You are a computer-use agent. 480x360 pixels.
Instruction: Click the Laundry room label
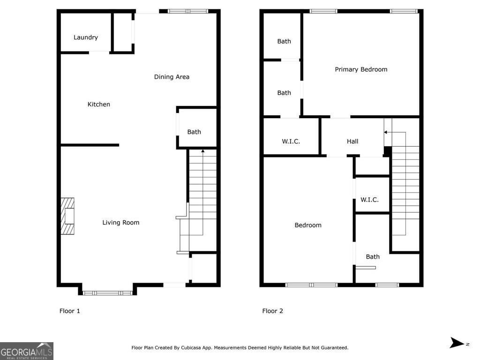[x=86, y=37]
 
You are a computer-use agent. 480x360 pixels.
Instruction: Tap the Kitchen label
[x=99, y=105]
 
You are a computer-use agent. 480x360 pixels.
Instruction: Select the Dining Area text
[x=172, y=77]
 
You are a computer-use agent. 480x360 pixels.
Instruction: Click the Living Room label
[x=121, y=223]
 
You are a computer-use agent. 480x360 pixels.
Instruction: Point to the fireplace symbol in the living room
[x=67, y=216]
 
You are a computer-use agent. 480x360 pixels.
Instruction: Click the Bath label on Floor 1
[x=194, y=132]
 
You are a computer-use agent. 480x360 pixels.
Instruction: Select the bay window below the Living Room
[x=108, y=292]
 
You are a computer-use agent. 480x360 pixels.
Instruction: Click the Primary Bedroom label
[x=361, y=69]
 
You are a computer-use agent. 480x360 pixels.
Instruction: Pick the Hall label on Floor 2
[x=352, y=142]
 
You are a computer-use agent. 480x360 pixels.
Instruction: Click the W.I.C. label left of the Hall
[x=291, y=142]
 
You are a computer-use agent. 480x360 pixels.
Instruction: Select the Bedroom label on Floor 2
[x=308, y=225]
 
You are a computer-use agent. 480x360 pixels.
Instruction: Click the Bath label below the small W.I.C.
[x=373, y=257]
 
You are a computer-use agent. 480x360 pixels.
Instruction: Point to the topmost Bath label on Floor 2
[x=284, y=41]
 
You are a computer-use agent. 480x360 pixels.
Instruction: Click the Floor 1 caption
[x=70, y=311]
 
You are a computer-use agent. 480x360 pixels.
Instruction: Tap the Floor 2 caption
[x=272, y=311]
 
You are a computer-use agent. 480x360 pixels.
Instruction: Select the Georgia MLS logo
[x=27, y=351]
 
